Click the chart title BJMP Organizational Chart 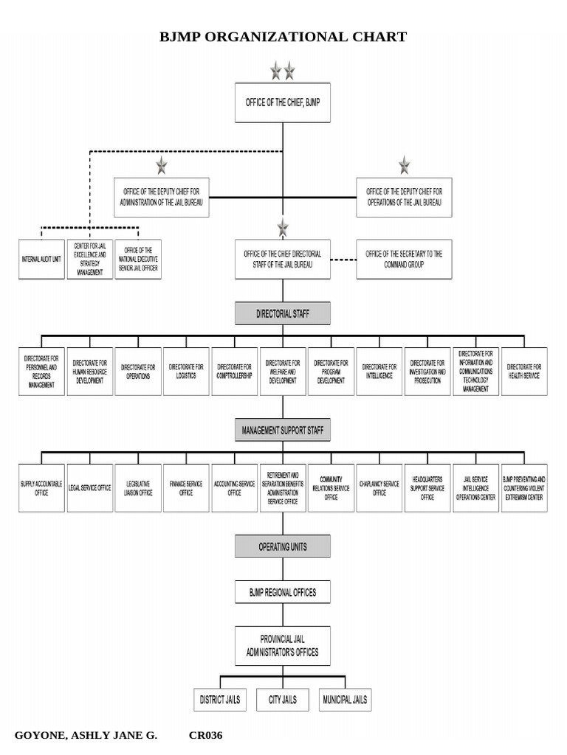[x=283, y=37]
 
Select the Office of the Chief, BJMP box [x=282, y=102]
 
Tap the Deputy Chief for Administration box [x=162, y=197]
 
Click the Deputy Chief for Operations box [x=404, y=197]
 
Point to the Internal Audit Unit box [x=41, y=260]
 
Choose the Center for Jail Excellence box [x=89, y=260]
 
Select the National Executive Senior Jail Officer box [x=137, y=260]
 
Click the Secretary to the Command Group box [x=404, y=259]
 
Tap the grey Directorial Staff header [x=282, y=313]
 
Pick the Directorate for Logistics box [x=186, y=372]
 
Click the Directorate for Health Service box [x=524, y=372]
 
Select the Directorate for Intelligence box [x=379, y=372]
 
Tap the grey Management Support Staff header [x=282, y=429]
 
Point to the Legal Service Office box [x=89, y=488]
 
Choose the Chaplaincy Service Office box [x=379, y=488]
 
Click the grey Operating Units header [x=282, y=546]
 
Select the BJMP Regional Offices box [x=282, y=591]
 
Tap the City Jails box [x=282, y=699]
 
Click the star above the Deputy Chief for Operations [x=404, y=165]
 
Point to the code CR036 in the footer [x=205, y=735]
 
